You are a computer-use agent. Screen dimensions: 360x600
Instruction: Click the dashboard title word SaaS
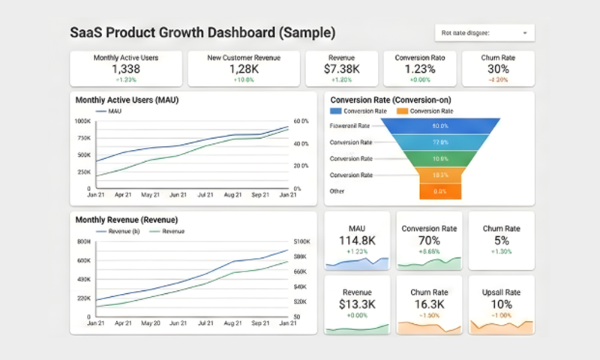click(87, 33)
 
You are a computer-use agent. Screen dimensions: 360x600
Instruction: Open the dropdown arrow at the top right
click(525, 33)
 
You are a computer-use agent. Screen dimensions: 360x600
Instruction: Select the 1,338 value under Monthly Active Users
click(126, 69)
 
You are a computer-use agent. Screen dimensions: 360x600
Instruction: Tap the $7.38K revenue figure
click(341, 69)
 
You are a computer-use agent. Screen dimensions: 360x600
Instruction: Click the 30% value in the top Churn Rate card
click(498, 69)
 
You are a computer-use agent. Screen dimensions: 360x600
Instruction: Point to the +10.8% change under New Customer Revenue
click(243, 79)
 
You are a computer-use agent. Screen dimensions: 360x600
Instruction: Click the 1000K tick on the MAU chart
click(82, 121)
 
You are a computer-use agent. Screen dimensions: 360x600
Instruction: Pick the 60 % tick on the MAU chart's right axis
click(301, 121)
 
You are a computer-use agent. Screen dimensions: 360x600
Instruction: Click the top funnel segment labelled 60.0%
click(439, 126)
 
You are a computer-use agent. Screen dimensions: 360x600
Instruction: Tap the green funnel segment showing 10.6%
click(439, 159)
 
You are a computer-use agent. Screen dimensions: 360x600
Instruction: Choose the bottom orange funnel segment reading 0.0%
click(439, 191)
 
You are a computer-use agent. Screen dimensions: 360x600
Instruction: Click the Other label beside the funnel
click(337, 191)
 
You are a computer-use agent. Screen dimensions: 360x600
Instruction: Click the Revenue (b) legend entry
click(119, 232)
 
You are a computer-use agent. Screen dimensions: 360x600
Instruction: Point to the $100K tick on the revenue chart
click(301, 241)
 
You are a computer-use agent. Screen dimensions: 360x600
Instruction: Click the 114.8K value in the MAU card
click(357, 241)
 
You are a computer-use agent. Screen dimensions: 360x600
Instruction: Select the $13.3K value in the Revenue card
click(357, 304)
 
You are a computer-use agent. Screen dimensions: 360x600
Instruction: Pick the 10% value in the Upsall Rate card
click(501, 304)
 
